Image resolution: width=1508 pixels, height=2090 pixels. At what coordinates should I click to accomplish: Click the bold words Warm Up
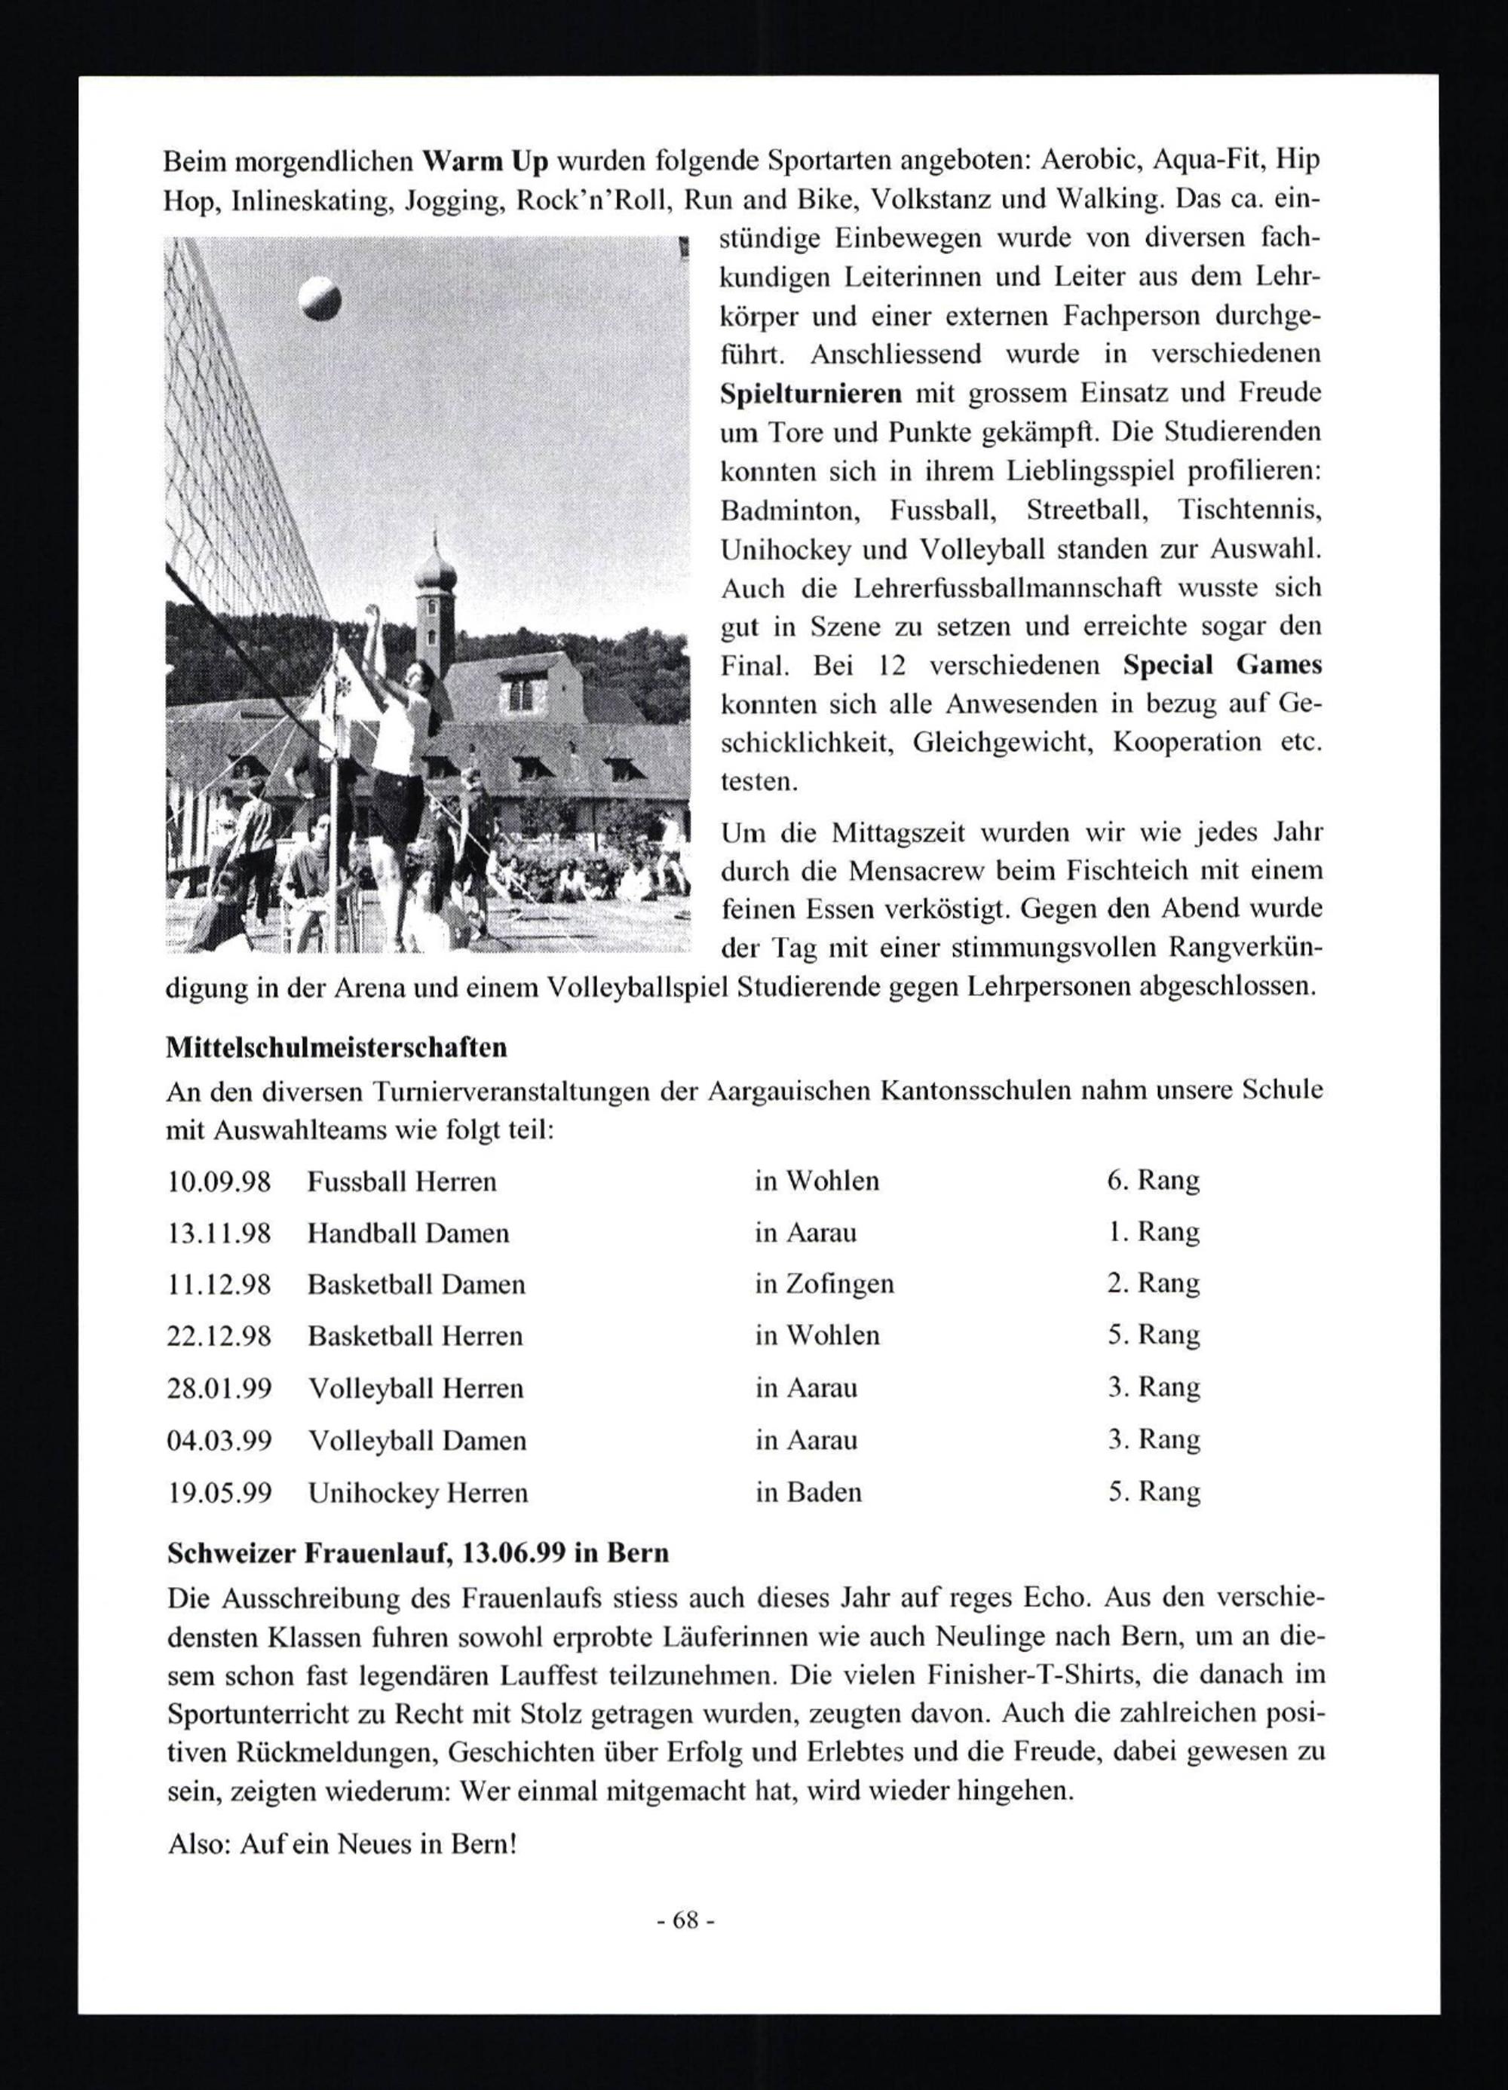tap(486, 161)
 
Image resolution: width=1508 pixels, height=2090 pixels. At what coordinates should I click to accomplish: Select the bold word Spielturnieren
tap(811, 394)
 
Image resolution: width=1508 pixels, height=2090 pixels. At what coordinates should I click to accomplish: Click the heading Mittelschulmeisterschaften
tap(336, 1048)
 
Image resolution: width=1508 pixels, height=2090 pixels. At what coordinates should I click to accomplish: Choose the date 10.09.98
tap(219, 1181)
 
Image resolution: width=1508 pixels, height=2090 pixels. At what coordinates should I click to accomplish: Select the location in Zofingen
tap(824, 1284)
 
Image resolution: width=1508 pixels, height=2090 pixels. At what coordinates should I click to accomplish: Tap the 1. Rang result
tap(1153, 1232)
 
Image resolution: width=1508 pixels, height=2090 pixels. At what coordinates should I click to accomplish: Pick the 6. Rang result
tap(1153, 1181)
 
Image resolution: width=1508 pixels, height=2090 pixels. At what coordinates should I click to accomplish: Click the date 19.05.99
tap(219, 1492)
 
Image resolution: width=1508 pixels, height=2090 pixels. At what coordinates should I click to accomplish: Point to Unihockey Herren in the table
tap(418, 1492)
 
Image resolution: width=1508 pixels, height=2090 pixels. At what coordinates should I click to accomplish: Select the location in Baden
tap(808, 1492)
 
